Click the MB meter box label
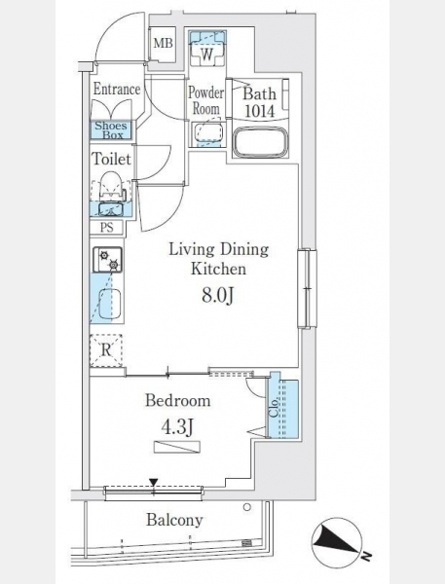[164, 43]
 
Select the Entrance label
[117, 89]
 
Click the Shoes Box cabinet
[111, 130]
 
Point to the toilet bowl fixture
[111, 187]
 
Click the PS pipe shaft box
[106, 227]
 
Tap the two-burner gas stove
[107, 260]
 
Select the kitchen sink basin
[110, 304]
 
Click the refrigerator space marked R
[106, 350]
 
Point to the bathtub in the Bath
[261, 143]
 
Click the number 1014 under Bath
[260, 111]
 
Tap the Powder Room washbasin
[207, 133]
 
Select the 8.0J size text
[218, 296]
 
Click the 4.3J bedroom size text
[177, 426]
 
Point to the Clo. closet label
[275, 408]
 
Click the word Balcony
[174, 520]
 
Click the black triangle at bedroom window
[154, 483]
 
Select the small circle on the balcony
[247, 507]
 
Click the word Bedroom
[178, 401]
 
